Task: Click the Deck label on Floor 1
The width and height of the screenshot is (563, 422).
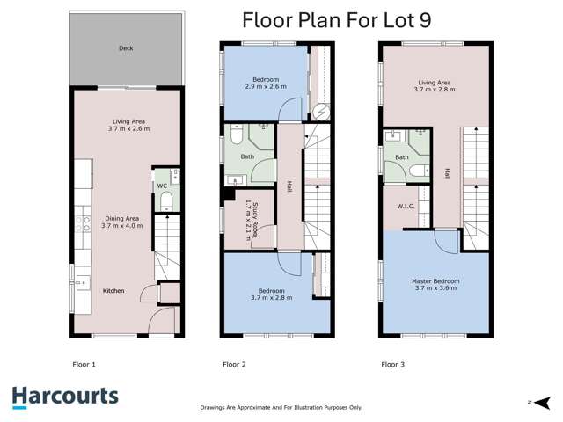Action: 127,49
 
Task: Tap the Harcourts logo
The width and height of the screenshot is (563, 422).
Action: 65,396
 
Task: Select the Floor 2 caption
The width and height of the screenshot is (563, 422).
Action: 234,363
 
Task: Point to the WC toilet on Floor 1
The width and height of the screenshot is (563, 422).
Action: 165,201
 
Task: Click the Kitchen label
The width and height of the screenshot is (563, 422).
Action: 113,290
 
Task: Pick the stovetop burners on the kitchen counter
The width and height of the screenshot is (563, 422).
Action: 83,223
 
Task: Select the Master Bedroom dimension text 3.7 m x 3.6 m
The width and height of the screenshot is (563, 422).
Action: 435,288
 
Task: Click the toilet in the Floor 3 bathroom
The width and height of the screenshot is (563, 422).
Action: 424,171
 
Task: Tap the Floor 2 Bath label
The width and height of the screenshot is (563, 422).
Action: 247,157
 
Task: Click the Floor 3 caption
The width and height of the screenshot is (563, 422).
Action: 392,363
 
